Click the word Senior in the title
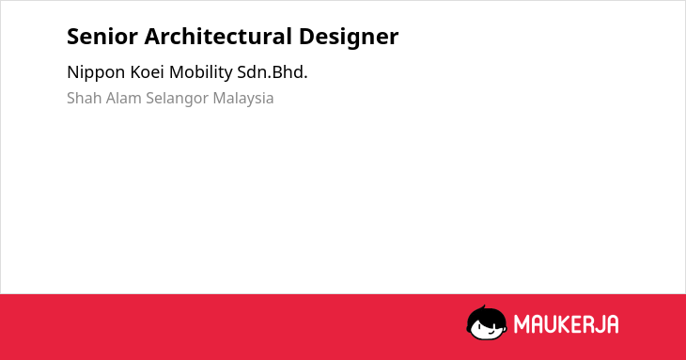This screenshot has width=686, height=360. click(x=102, y=37)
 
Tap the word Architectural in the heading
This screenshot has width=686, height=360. click(x=218, y=36)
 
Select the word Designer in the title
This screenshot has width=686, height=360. click(x=349, y=38)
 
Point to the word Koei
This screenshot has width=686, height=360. click(x=147, y=72)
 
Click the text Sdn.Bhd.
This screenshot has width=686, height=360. click(x=273, y=72)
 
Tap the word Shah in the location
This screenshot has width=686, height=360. click(x=85, y=98)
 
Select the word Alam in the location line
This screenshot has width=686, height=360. click(x=124, y=98)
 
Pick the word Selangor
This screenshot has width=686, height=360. click(x=178, y=99)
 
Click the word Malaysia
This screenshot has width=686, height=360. click(x=243, y=99)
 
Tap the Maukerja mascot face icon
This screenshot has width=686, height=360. click(x=487, y=322)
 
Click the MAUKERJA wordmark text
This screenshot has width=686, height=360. click(x=566, y=324)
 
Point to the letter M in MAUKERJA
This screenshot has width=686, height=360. click(x=522, y=324)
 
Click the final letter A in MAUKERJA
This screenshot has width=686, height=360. click(x=613, y=324)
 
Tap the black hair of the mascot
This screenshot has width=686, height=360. click(x=486, y=314)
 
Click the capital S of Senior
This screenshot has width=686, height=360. click(x=73, y=37)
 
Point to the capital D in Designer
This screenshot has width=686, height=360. click(x=306, y=37)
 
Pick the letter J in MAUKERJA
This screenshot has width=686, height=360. click(x=600, y=324)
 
